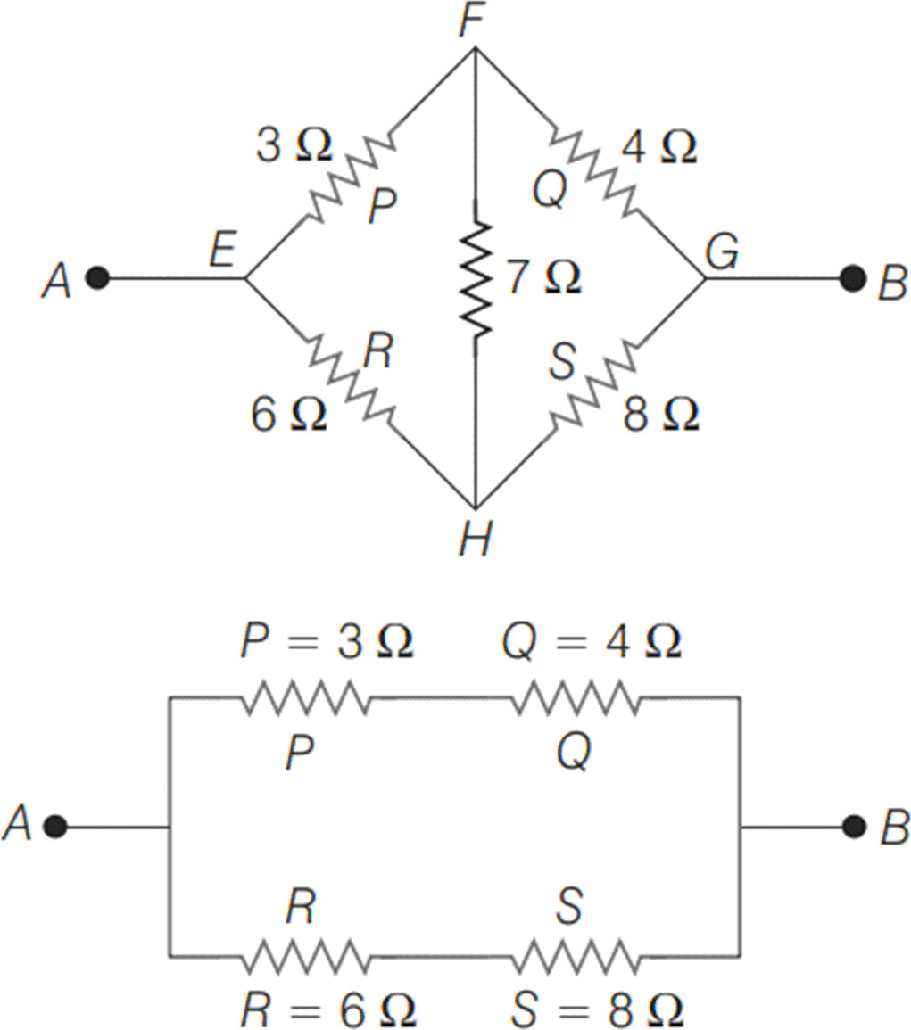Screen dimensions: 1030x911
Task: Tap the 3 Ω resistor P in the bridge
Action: pos(349,181)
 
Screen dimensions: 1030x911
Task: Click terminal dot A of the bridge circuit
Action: pos(98,278)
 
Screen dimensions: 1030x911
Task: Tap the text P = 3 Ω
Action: pos(327,644)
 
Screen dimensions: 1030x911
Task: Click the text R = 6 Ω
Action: pos(328,1009)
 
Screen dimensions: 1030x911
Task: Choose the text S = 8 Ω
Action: pos(598,1009)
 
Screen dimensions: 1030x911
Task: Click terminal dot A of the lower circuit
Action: pos(55,827)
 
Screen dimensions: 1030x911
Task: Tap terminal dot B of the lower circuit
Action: pos(855,827)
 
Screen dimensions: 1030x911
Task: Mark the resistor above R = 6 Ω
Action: pos(305,958)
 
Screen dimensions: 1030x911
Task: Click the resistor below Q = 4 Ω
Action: pos(575,698)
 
